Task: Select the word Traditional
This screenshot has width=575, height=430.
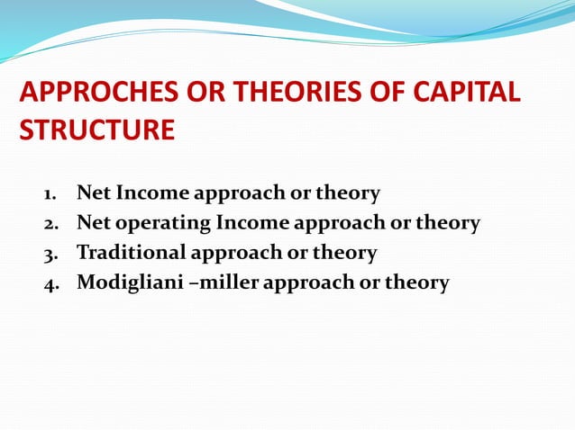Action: (x=132, y=253)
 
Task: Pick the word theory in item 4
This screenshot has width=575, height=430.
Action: (x=416, y=283)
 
